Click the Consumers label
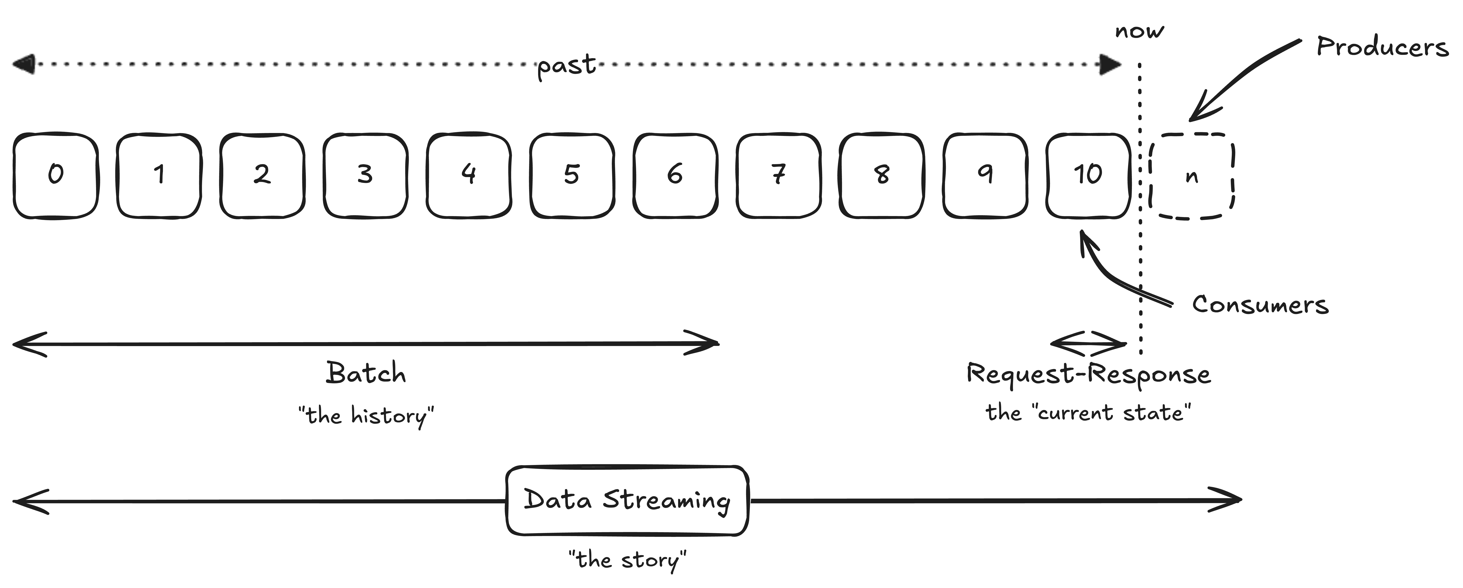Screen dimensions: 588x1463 [1260, 305]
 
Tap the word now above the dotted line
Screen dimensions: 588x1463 [1139, 31]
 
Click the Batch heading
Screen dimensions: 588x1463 [366, 373]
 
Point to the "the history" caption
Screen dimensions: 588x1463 [366, 415]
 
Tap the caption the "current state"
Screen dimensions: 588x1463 [1088, 413]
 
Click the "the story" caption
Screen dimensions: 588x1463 [627, 560]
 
